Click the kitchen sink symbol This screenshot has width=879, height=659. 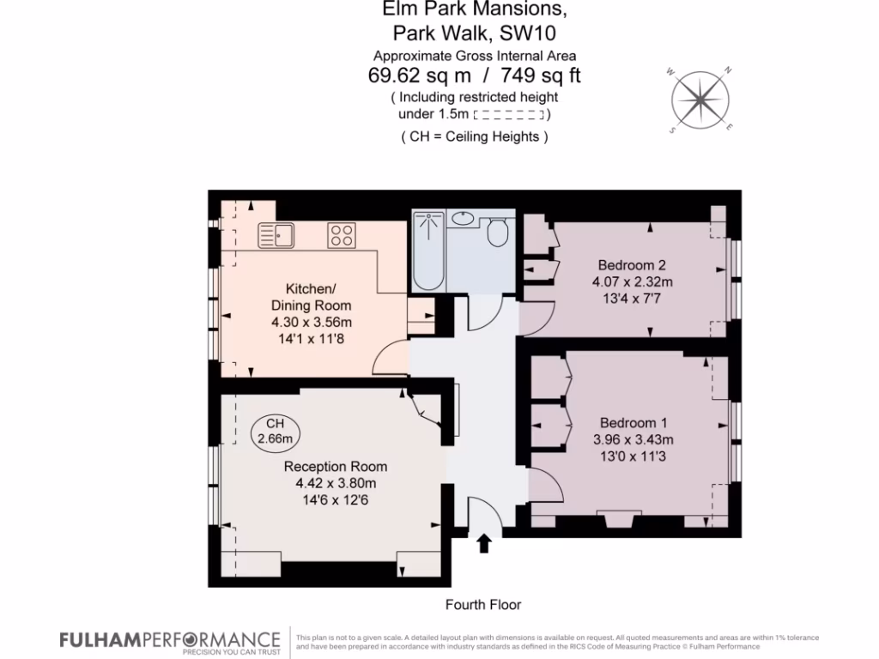coord(276,234)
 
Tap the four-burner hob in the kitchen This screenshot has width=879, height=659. coord(342,234)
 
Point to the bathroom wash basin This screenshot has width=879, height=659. coord(464,219)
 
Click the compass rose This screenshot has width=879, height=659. coord(701,99)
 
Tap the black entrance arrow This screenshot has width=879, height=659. coord(483,543)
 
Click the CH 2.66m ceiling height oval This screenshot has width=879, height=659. coord(275,432)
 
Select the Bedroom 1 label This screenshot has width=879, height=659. coord(633,422)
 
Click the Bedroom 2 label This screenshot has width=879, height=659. coord(632,265)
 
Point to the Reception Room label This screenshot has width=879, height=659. coord(336,467)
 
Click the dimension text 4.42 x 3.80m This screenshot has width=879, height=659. coord(336,483)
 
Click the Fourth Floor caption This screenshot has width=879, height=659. coord(482,605)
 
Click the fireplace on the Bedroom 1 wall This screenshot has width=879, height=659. coord(614,520)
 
